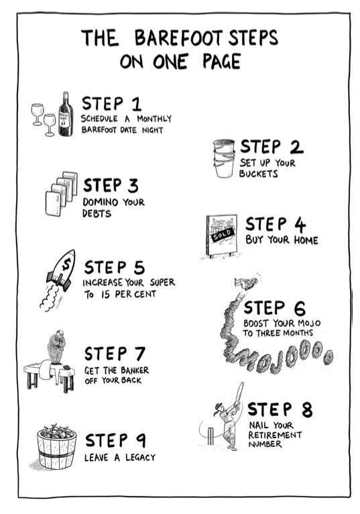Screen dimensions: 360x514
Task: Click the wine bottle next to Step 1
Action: click(x=66, y=114)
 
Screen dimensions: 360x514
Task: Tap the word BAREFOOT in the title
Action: click(x=178, y=38)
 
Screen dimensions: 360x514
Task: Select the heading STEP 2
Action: click(x=272, y=147)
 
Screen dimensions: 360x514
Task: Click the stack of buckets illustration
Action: click(x=224, y=158)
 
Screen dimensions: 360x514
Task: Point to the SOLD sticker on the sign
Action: click(x=223, y=234)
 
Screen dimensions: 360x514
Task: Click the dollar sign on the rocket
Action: click(x=67, y=263)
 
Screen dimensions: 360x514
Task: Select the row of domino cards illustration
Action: click(x=61, y=193)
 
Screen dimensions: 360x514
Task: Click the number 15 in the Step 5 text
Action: click(x=105, y=295)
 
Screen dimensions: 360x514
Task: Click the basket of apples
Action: click(x=56, y=446)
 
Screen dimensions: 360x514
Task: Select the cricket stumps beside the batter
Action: click(x=211, y=435)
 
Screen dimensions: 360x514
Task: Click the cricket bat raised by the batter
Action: click(x=239, y=393)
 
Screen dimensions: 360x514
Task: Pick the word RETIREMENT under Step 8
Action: click(x=274, y=435)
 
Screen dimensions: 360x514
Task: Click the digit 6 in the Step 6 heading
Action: click(x=299, y=309)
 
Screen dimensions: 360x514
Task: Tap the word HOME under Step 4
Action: click(x=306, y=240)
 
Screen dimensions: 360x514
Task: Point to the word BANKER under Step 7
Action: click(x=134, y=370)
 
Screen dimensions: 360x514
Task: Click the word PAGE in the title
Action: click(x=221, y=61)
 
